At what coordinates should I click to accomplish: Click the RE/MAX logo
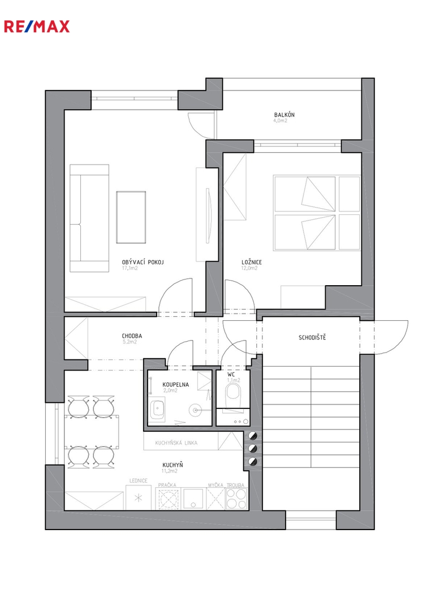pos(37,27)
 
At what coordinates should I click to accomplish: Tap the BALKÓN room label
pos(285,115)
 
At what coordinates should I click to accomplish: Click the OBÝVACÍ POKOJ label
pos(143,263)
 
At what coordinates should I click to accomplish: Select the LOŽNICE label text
pos(252,263)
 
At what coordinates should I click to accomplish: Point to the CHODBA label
pos(132,336)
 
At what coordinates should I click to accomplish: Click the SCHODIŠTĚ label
pos(312,337)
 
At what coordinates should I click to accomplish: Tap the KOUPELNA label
pos(176,385)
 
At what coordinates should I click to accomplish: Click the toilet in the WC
pos(234,393)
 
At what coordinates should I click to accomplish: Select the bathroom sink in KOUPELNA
pos(158,409)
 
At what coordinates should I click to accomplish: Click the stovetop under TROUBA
pos(236,498)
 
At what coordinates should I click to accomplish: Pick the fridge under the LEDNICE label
pos(139,498)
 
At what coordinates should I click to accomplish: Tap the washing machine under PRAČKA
pos(167,498)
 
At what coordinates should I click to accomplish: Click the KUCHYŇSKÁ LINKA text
pos(176,443)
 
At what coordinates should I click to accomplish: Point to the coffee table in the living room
pos(131,217)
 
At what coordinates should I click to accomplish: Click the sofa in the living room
pos(89,218)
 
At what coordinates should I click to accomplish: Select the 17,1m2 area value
pos(130,268)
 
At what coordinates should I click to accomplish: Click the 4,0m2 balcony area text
pos(281,121)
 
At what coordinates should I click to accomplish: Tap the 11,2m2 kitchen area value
pos(170,471)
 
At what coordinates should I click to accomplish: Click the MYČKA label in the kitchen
pos(215,485)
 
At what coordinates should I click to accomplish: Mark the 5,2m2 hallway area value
pos(130,342)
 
